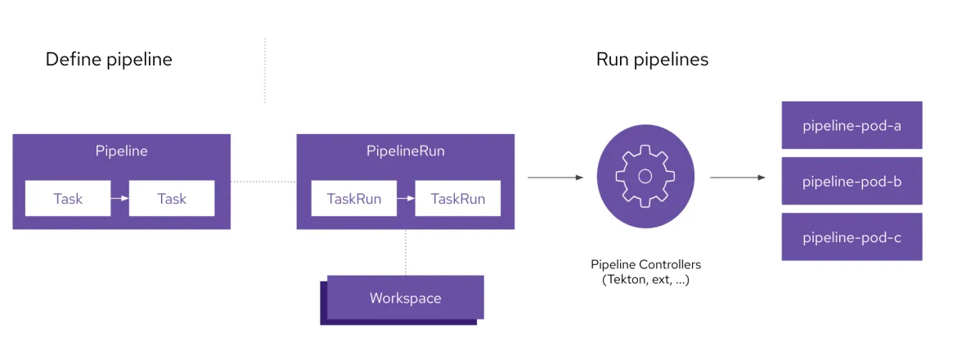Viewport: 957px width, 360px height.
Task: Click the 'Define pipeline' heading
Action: (109, 60)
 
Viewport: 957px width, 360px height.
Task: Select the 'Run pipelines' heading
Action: (652, 60)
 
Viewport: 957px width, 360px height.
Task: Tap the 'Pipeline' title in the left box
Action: (122, 151)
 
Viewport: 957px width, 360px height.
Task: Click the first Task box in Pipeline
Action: (68, 199)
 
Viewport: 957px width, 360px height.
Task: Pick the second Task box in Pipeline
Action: (172, 199)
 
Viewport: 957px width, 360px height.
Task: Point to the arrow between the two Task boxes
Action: (119, 199)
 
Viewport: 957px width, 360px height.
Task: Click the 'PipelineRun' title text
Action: (405, 151)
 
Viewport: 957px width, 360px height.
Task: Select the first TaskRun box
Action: (354, 199)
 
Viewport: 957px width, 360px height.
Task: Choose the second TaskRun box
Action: (458, 199)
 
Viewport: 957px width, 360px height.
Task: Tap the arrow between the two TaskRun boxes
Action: (406, 199)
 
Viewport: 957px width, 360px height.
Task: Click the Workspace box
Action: (405, 298)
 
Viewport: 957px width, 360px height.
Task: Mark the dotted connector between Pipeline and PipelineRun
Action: (263, 181)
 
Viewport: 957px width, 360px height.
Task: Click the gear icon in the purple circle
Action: (645, 176)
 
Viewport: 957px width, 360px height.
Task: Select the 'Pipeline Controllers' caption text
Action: (645, 265)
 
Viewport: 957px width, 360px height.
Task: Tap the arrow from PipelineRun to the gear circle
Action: (555, 177)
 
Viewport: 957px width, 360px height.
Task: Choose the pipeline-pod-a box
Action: (851, 125)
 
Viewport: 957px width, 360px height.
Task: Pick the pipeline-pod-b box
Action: (851, 181)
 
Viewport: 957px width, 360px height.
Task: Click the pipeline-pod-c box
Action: (851, 237)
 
